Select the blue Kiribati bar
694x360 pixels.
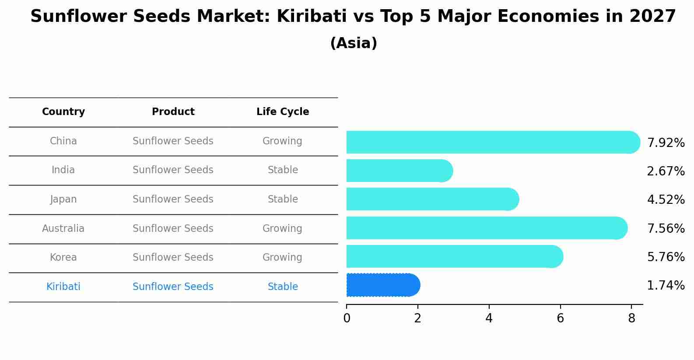(381, 285)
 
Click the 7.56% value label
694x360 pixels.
(666, 228)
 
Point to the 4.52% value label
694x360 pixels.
(666, 200)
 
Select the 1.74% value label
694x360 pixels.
(666, 286)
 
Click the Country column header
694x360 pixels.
(63, 112)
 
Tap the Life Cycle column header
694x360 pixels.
(283, 112)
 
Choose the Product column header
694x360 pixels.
(173, 112)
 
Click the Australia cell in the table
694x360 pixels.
(63, 228)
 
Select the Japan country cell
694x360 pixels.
(63, 199)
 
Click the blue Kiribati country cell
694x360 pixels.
(63, 287)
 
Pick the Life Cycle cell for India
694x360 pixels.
(283, 170)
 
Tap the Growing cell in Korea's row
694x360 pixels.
(282, 258)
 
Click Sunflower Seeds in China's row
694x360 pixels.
(173, 141)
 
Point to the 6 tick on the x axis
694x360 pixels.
(560, 318)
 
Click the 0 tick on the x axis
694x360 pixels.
(347, 318)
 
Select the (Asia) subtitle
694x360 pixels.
(354, 43)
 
